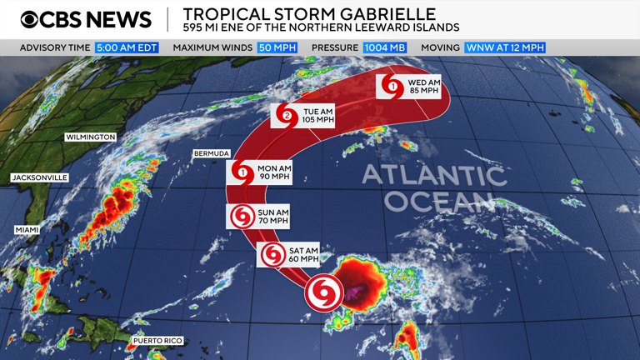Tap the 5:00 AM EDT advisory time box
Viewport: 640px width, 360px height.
tap(127, 47)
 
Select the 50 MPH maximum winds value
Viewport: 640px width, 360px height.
tap(277, 47)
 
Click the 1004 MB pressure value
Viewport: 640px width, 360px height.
tap(384, 47)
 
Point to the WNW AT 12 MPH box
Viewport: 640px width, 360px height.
tap(505, 47)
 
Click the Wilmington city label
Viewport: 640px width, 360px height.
tap(90, 137)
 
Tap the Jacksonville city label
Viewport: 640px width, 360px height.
tap(39, 177)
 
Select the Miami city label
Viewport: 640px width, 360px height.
tap(27, 229)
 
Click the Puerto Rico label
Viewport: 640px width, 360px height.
tap(157, 341)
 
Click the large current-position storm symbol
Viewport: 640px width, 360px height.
tap(323, 292)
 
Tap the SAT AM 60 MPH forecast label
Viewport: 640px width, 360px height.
tap(302, 255)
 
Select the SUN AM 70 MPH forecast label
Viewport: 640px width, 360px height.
tap(272, 217)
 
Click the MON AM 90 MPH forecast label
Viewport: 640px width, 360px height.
tap(273, 173)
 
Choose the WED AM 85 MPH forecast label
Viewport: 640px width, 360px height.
tap(422, 86)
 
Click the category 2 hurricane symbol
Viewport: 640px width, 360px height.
tap(287, 116)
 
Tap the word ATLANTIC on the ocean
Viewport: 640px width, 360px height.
tap(433, 176)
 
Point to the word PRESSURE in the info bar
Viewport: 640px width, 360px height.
tap(335, 47)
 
